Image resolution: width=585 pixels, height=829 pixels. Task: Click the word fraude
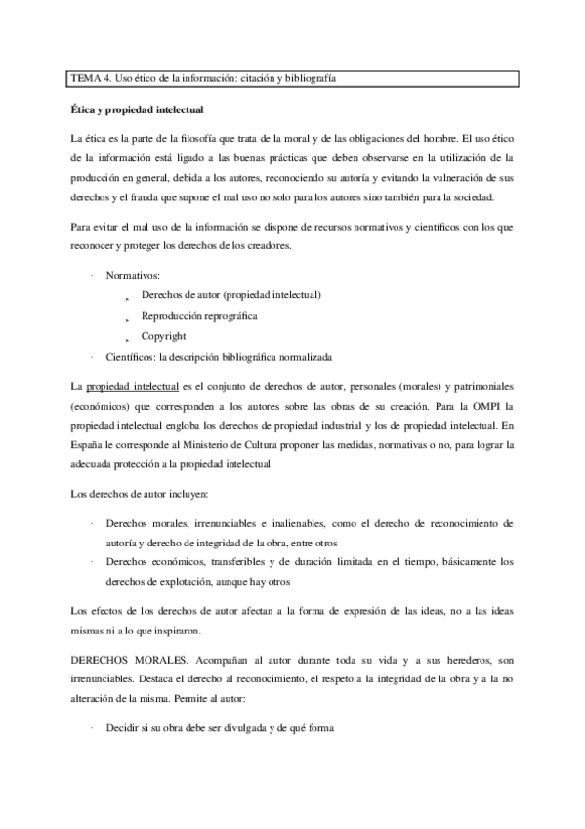tap(150, 197)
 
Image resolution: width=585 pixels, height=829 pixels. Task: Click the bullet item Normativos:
tap(135, 276)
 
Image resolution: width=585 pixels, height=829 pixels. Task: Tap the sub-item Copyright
tap(163, 336)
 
